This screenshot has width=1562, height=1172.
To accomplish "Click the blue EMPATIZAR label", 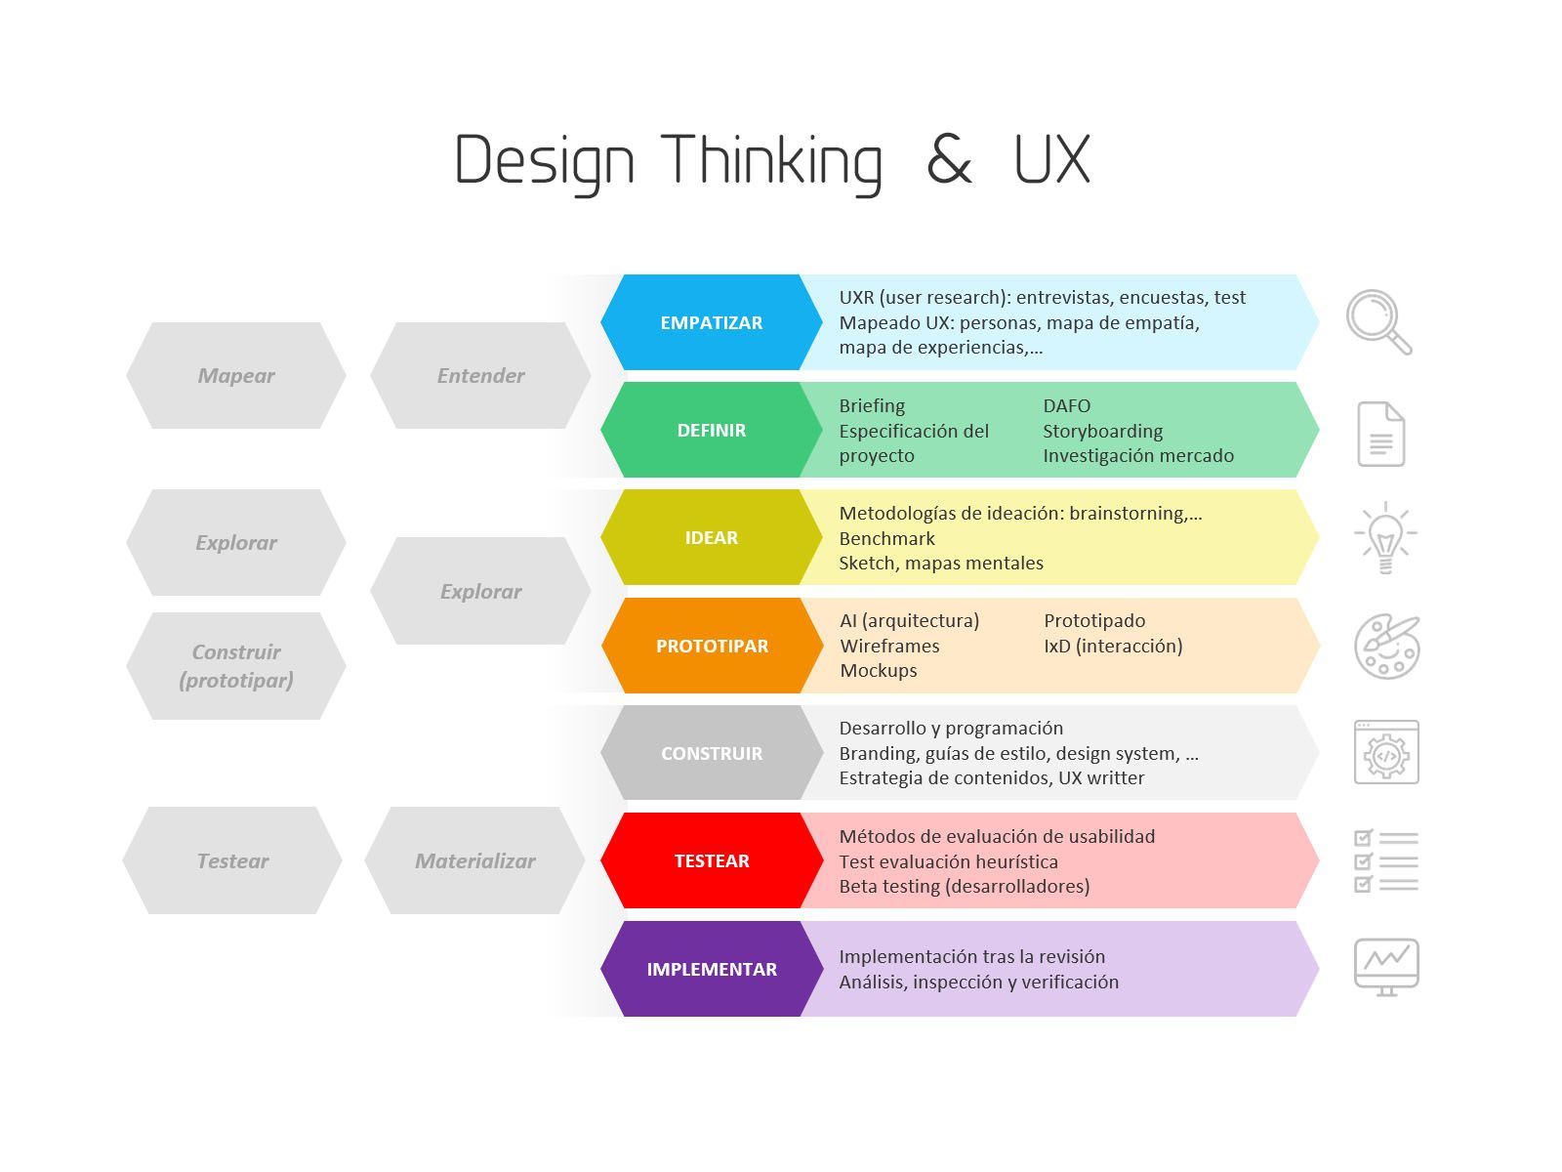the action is tap(711, 322).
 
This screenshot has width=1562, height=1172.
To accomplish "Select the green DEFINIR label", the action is tap(711, 430).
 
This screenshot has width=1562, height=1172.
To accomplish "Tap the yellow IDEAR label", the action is tap(711, 537).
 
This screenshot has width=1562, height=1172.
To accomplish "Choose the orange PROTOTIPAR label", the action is tap(712, 646).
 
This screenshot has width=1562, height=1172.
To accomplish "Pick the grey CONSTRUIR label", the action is tap(711, 753).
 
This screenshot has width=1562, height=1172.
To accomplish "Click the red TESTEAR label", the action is tap(711, 860).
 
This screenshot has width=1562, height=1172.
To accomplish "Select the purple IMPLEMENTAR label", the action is tap(711, 969).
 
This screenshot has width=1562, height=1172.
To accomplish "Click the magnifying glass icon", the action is tap(1378, 321).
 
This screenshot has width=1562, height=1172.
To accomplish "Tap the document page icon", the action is tap(1380, 434).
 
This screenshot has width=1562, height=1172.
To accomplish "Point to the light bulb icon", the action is tap(1384, 538).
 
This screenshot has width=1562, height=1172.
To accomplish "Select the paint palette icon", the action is tap(1387, 647).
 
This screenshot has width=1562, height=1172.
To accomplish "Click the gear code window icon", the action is tap(1386, 752).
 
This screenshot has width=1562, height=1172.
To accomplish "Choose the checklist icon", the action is tap(1385, 861).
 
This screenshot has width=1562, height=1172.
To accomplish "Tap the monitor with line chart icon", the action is tap(1386, 967).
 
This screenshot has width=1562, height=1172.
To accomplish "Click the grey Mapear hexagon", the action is tap(235, 375).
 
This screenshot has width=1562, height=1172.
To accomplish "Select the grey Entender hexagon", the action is tap(480, 375).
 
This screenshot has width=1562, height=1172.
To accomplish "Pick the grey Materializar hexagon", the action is tap(474, 860).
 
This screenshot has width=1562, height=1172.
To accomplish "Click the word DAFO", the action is tap(1066, 405).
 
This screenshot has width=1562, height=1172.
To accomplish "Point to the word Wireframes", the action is tap(889, 646).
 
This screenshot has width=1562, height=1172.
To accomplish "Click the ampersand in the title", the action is tap(949, 159).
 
